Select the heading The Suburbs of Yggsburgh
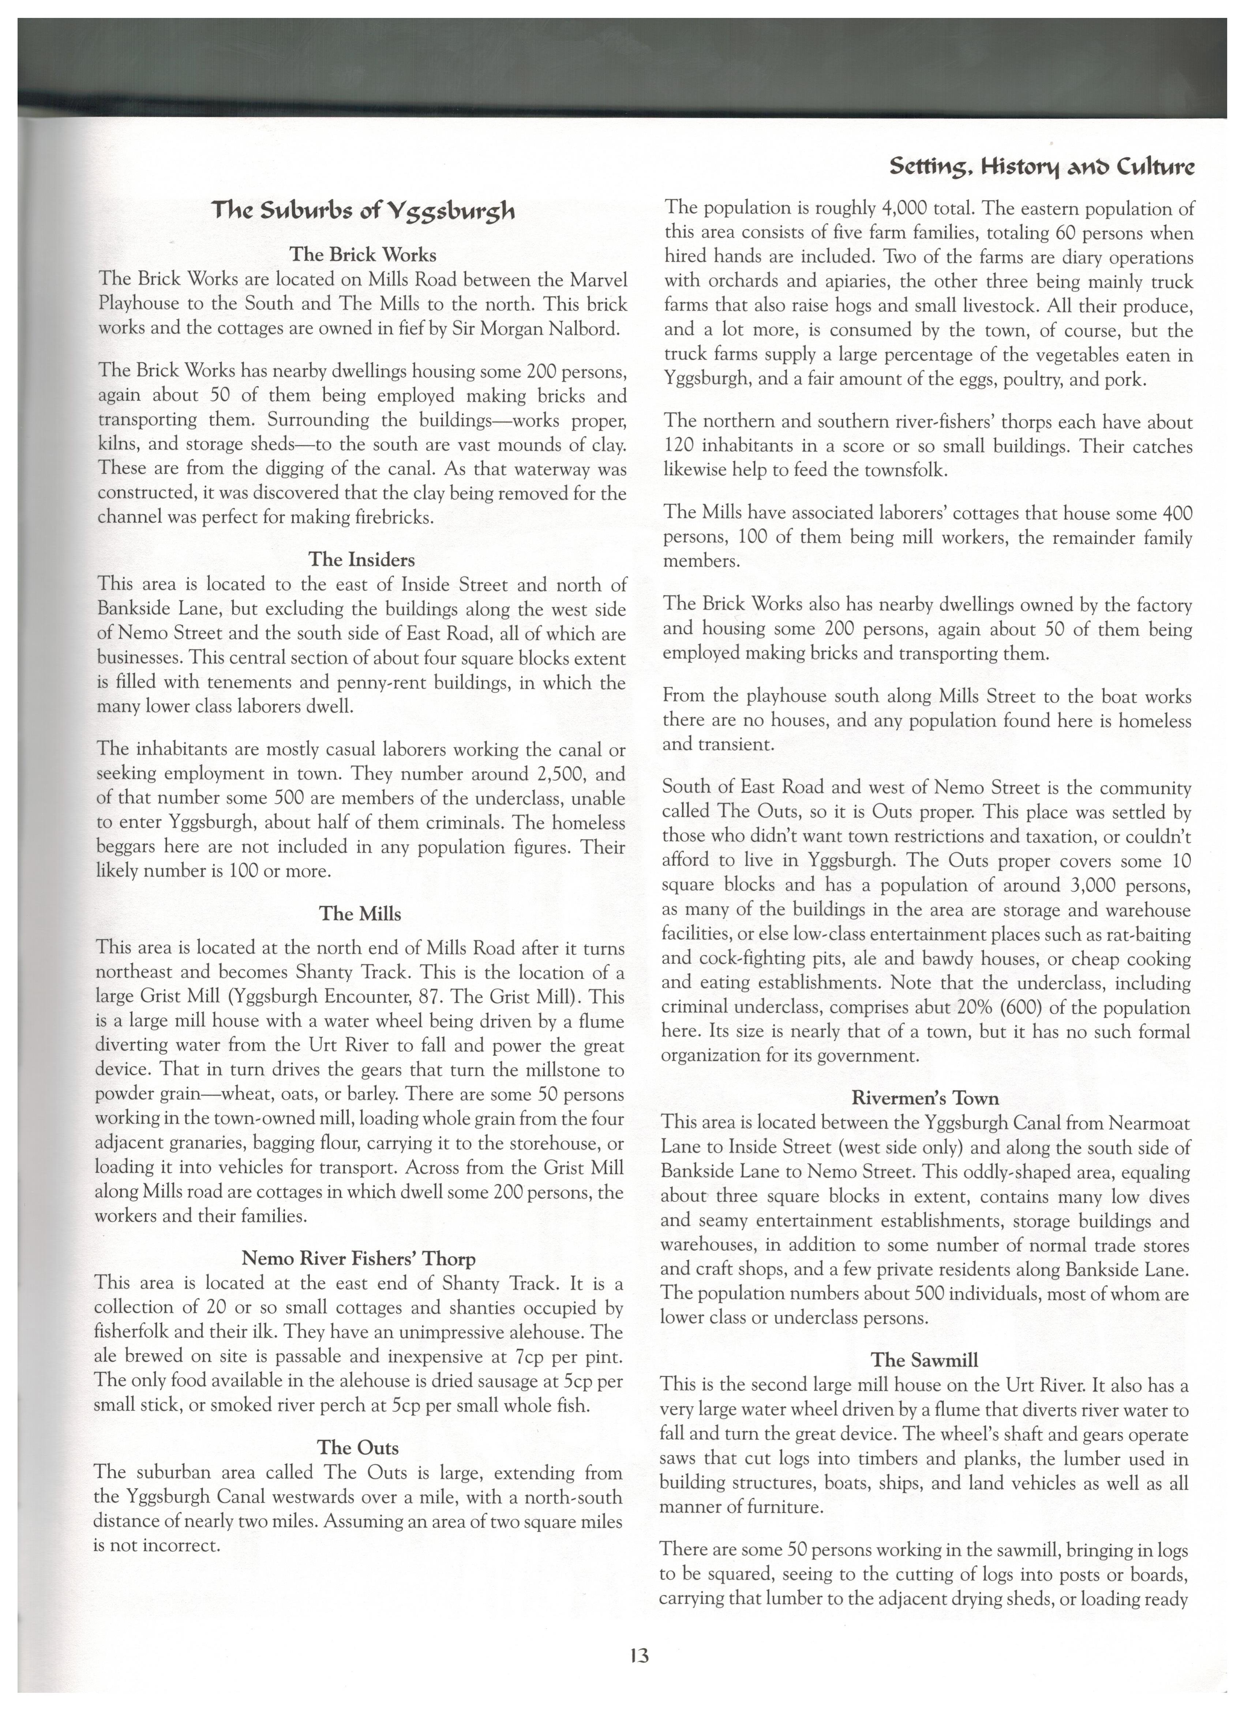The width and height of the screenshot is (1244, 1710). coord(363,210)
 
